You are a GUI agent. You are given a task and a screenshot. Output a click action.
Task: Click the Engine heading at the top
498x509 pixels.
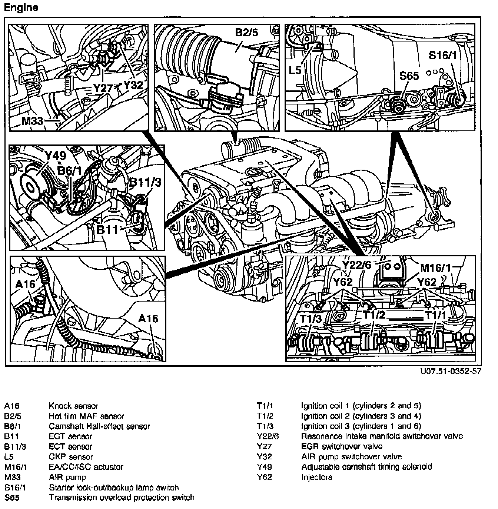click(21, 8)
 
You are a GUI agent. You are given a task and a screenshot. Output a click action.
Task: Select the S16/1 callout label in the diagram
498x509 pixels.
click(443, 56)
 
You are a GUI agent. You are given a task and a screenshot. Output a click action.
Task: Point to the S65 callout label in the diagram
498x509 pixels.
click(409, 76)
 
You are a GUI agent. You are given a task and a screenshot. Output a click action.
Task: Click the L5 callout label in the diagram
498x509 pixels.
click(295, 70)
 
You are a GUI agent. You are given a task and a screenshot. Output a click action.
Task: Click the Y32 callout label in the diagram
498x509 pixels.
click(133, 85)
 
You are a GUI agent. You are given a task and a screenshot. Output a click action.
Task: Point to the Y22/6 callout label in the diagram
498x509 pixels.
click(356, 265)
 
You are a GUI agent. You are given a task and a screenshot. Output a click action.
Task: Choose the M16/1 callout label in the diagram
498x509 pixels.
click(436, 267)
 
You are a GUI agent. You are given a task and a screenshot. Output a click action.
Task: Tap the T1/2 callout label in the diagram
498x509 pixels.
click(374, 315)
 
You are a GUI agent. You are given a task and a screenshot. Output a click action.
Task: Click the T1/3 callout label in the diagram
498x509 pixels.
click(311, 318)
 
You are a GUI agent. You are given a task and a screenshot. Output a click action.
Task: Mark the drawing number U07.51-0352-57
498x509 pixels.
click(451, 372)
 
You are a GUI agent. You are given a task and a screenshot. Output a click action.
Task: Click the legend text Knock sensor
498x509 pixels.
click(73, 406)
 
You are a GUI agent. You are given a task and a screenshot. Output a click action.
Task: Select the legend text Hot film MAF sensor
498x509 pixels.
click(86, 416)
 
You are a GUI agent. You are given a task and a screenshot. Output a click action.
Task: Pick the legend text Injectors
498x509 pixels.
click(316, 477)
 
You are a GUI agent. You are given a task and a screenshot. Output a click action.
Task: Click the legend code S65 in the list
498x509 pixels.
click(12, 498)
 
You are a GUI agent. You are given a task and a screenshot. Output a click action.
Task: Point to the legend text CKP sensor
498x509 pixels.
click(71, 457)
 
